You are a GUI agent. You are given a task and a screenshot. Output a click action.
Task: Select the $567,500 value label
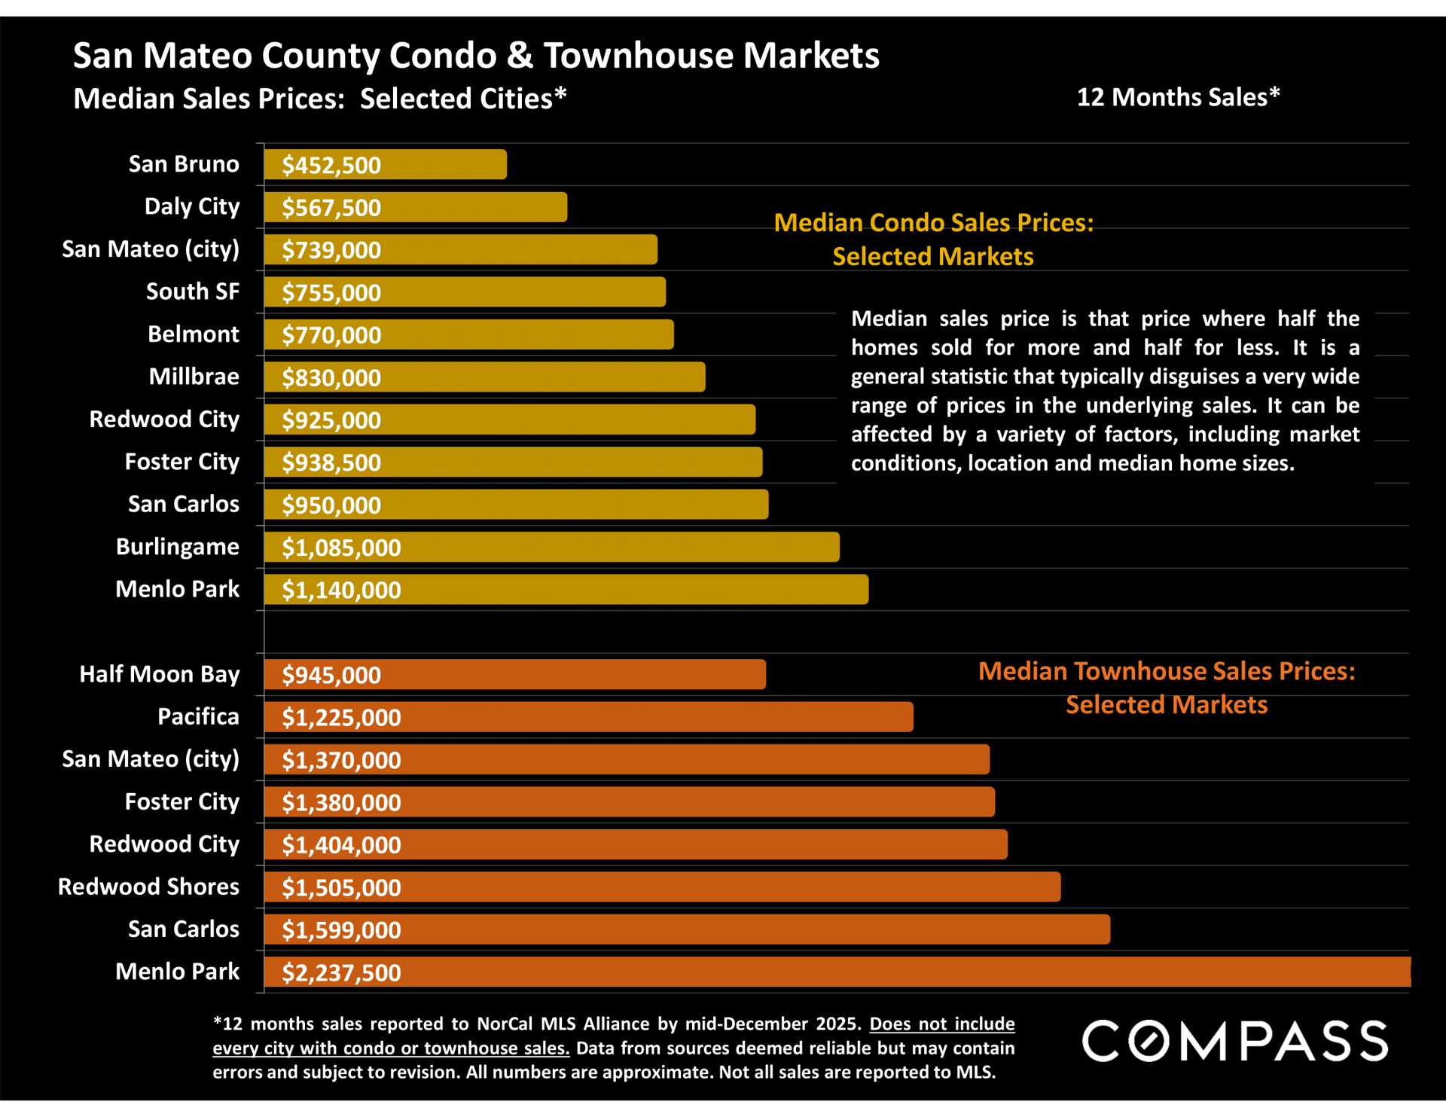point(331,207)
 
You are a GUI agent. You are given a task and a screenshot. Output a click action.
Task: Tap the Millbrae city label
point(194,376)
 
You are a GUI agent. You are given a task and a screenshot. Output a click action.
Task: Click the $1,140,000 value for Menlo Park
point(341,590)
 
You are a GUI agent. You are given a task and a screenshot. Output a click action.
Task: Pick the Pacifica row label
point(198,716)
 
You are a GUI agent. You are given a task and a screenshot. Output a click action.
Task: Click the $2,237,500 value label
point(341,972)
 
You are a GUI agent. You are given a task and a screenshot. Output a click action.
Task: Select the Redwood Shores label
point(148,887)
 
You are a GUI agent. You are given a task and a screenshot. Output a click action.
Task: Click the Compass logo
point(1234,1041)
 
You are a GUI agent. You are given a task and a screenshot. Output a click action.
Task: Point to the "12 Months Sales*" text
point(1178,97)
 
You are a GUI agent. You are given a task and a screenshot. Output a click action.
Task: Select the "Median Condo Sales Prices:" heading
point(933,223)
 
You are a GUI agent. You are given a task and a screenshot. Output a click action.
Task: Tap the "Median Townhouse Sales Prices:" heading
point(1166,670)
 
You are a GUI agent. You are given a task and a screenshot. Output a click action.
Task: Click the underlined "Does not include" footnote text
point(941,1024)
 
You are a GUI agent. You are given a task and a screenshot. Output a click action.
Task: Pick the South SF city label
point(193,291)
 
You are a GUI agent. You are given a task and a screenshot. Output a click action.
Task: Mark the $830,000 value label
point(331,377)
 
